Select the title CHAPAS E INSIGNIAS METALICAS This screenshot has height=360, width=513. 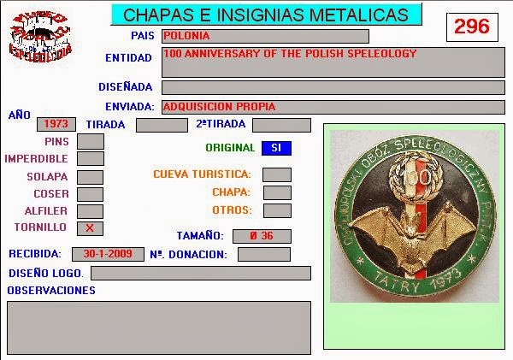pyautogui.click(x=266, y=15)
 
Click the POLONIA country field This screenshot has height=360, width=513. pyautogui.click(x=265, y=36)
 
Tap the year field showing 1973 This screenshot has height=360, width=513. pyautogui.click(x=59, y=124)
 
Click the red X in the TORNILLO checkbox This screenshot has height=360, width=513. pyautogui.click(x=90, y=228)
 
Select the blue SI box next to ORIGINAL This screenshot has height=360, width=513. pyautogui.click(x=276, y=148)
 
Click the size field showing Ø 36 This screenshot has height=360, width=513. pyautogui.click(x=261, y=236)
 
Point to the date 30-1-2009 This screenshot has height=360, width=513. pyautogui.click(x=108, y=254)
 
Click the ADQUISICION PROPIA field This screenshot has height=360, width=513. pyautogui.click(x=333, y=107)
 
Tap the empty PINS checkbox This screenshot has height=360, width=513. pyautogui.click(x=90, y=141)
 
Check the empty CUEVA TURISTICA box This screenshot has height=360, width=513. pyautogui.click(x=277, y=174)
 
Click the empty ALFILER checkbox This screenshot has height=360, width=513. pyautogui.click(x=90, y=211)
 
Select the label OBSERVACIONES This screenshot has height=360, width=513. pyautogui.click(x=51, y=291)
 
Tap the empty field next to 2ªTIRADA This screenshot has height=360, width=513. pyautogui.click(x=281, y=125)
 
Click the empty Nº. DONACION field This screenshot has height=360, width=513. pyautogui.click(x=263, y=254)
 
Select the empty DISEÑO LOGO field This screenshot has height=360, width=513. pyautogui.click(x=201, y=273)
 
